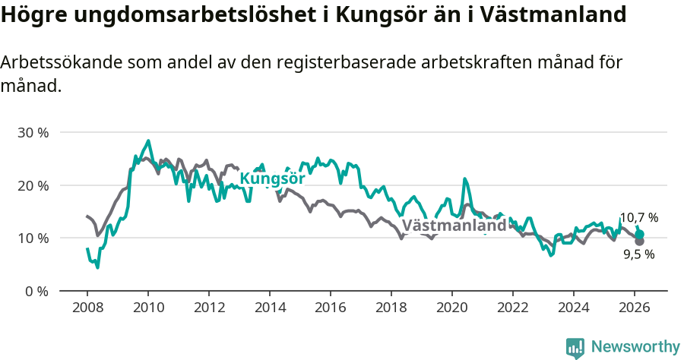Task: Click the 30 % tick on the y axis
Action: [x=32, y=133]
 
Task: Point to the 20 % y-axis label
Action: [x=32, y=185]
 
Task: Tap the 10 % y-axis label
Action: [x=32, y=238]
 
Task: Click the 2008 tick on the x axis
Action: [x=87, y=307]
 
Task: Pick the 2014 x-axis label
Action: [x=269, y=307]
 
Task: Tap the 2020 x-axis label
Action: [x=451, y=307]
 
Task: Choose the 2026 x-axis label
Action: [x=634, y=307]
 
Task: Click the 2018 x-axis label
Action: [x=391, y=307]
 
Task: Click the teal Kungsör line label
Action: [x=272, y=178]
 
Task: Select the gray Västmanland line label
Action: [x=454, y=226]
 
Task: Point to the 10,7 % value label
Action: [x=638, y=218]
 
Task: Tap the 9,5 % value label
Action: [x=638, y=254]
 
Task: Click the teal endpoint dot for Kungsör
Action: [x=639, y=235]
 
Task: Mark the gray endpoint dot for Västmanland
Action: [x=639, y=241]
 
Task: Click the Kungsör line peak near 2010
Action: [x=148, y=141]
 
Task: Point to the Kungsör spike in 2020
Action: [x=465, y=179]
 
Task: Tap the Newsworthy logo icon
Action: [x=575, y=348]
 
